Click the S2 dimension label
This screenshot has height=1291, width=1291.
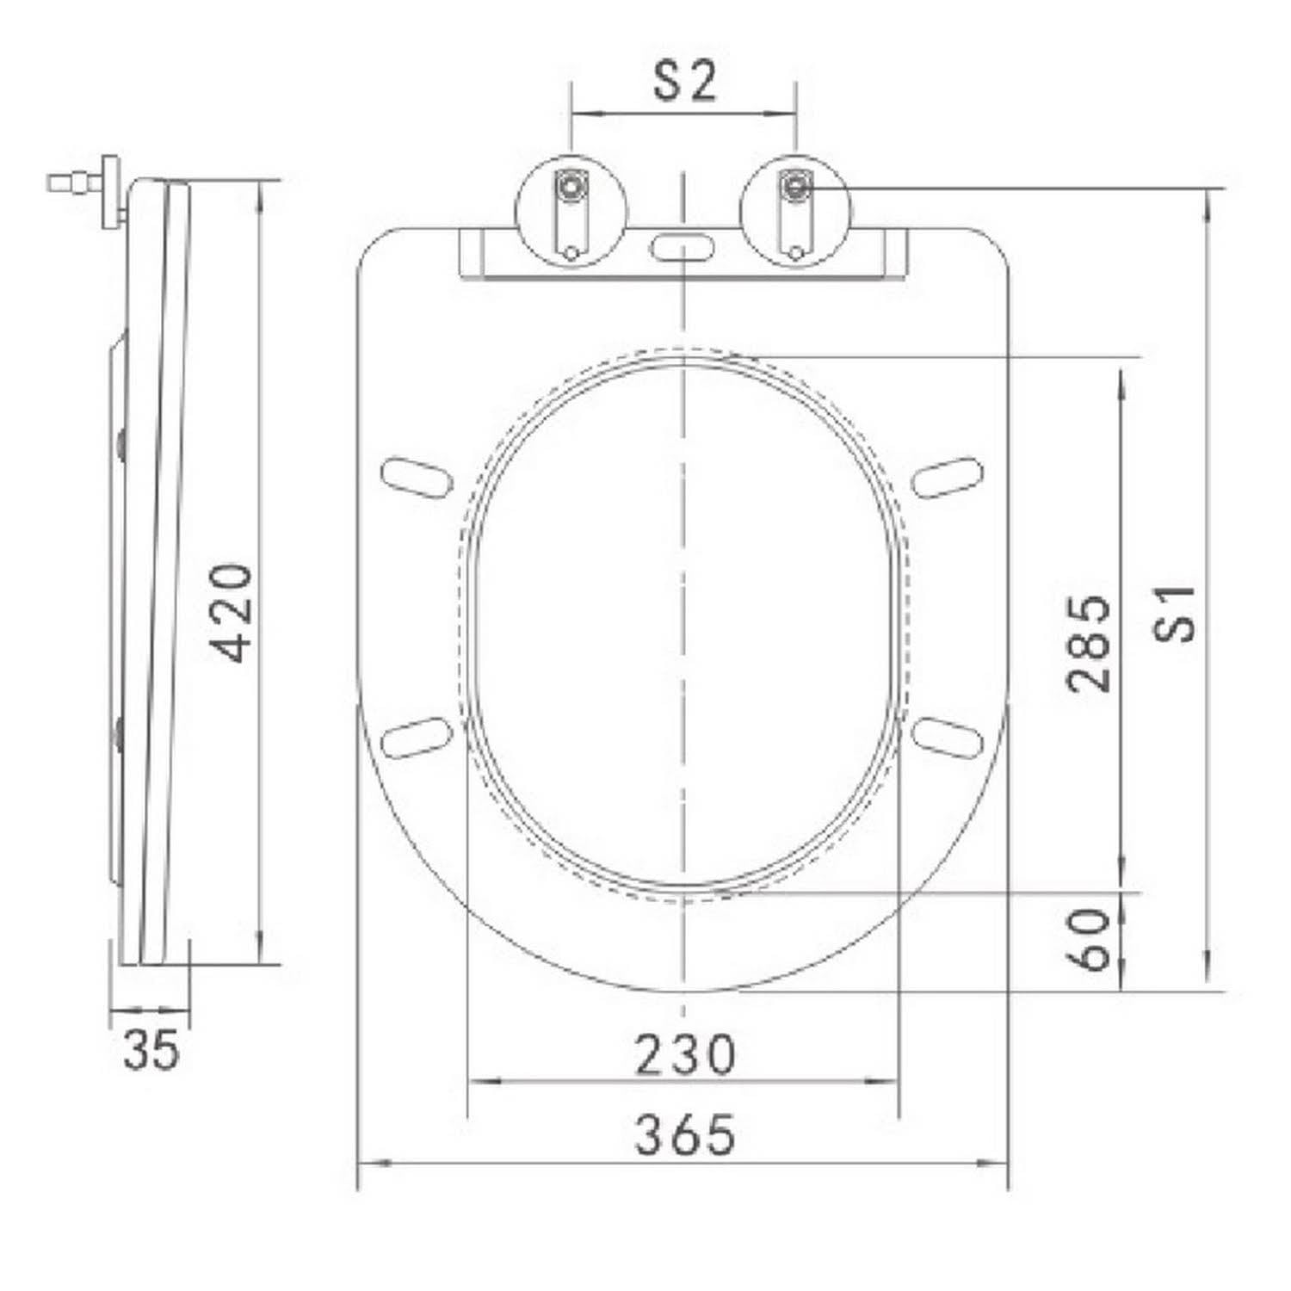684,83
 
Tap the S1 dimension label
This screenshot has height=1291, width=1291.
1175,613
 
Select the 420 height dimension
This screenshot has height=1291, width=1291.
232,613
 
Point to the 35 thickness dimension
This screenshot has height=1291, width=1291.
151,1049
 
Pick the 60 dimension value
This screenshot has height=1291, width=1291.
1089,940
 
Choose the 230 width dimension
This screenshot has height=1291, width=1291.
685,1055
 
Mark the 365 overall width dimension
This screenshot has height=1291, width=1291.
685,1134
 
